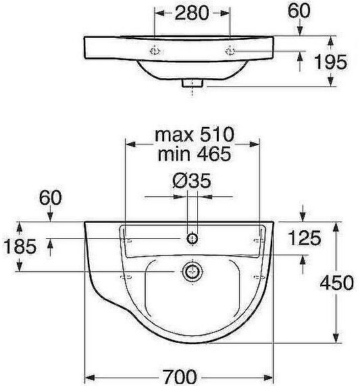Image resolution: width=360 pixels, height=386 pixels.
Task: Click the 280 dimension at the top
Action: tap(192, 13)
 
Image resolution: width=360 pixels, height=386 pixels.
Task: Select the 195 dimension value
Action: tap(331, 62)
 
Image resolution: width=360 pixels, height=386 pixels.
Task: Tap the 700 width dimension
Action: tap(180, 377)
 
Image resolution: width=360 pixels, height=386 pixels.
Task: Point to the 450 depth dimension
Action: tap(336, 283)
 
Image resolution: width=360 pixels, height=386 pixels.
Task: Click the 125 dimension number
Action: tap(305, 238)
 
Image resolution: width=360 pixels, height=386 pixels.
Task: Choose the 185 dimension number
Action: tap(20, 246)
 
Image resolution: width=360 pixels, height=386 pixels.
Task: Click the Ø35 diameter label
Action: tap(192, 181)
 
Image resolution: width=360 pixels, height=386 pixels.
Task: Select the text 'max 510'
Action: tap(194, 134)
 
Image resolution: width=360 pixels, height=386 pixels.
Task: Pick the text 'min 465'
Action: tap(194, 154)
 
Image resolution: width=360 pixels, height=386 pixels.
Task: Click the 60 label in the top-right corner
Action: tap(299, 11)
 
